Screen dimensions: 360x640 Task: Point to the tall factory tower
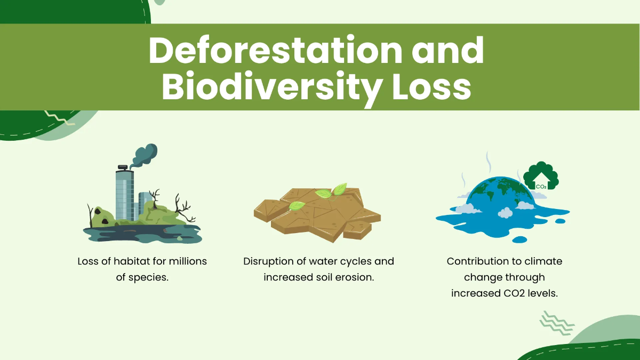125,195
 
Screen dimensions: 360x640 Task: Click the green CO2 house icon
540,176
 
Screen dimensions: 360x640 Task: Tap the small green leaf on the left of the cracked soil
297,205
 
